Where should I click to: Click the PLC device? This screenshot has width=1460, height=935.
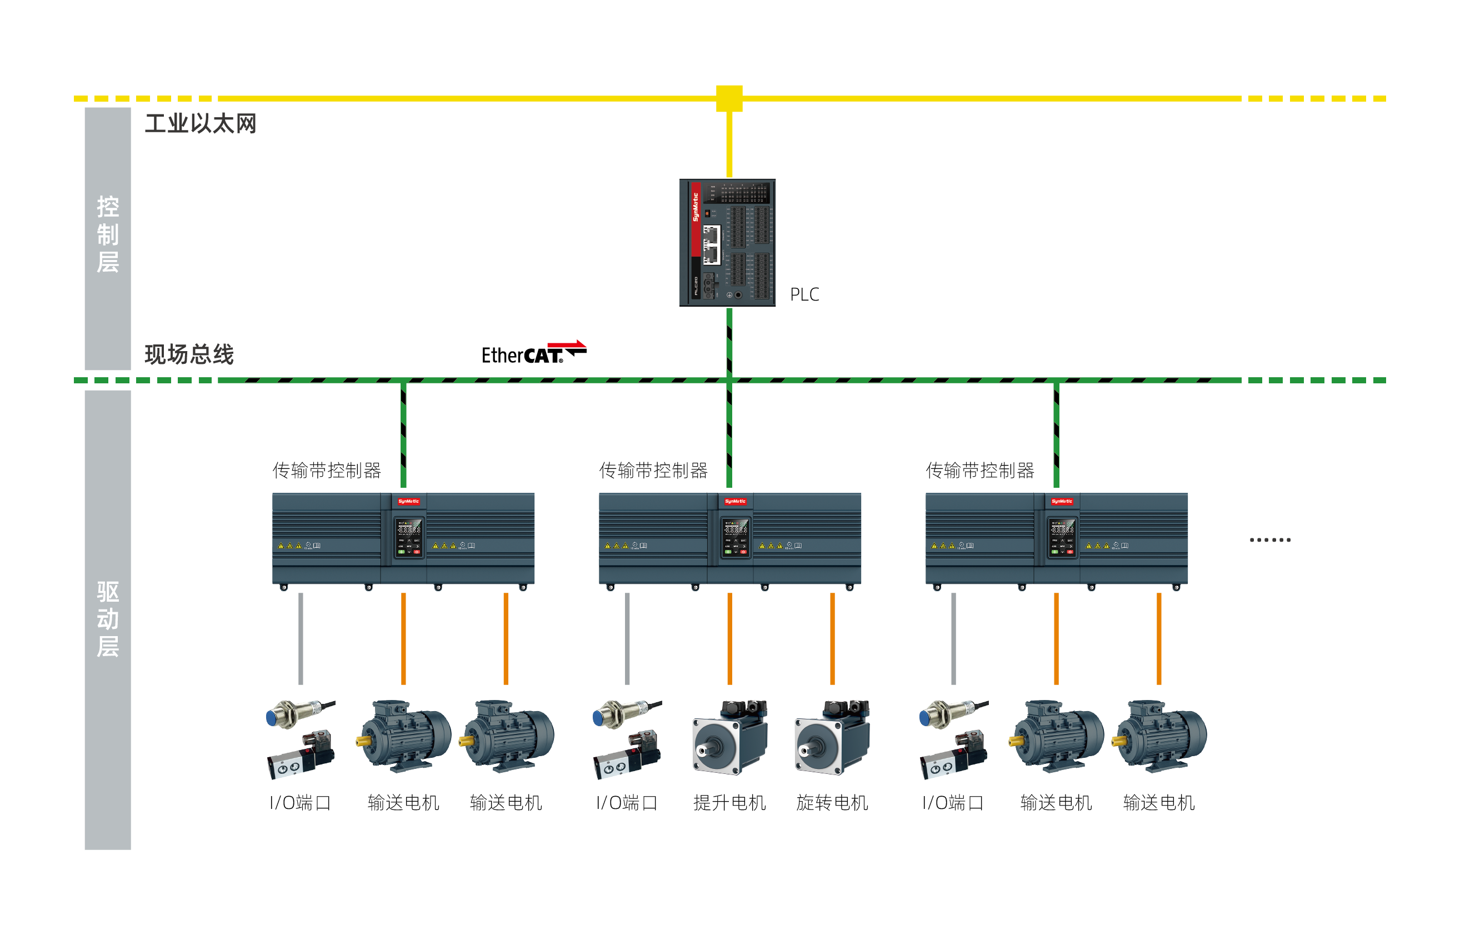pos(727,242)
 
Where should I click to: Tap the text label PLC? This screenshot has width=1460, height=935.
pos(804,294)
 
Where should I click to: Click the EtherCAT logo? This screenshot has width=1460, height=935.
pos(533,353)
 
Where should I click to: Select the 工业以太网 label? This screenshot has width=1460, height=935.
pos(201,124)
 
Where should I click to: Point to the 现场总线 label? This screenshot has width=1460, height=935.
pos(189,354)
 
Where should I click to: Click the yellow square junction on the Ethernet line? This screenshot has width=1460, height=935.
pos(729,98)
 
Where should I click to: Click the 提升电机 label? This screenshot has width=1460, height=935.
pos(729,803)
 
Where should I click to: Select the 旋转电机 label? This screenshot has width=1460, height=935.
pos(832,803)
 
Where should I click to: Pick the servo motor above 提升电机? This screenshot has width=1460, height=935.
pos(729,737)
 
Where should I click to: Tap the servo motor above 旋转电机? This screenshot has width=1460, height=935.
pos(832,737)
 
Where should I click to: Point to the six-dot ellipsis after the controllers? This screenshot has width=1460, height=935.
pos(1269,540)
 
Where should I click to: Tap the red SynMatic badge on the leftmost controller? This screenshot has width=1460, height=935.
pos(408,502)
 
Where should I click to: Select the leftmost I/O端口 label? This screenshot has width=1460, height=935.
pos(300,803)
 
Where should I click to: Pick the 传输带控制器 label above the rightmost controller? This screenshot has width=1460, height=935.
pos(979,471)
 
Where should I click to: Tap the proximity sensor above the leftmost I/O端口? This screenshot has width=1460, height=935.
pos(299,713)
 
